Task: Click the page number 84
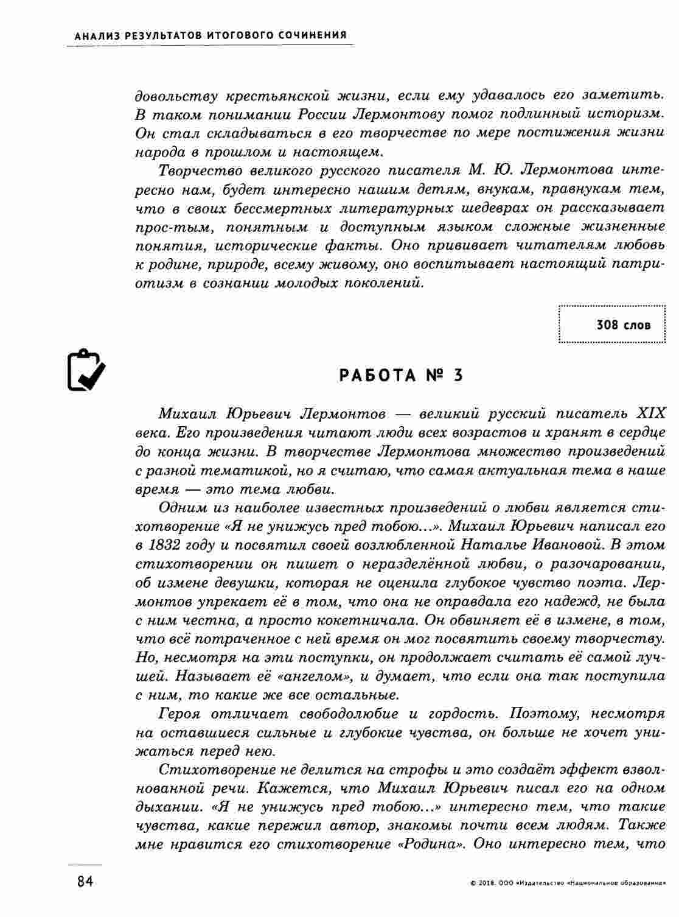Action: pyautogui.click(x=85, y=882)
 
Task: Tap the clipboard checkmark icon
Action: pyautogui.click(x=85, y=371)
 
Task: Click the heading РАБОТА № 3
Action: pyautogui.click(x=401, y=376)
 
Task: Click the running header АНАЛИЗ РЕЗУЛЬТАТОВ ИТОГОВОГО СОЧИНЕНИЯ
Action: pyautogui.click(x=211, y=35)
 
